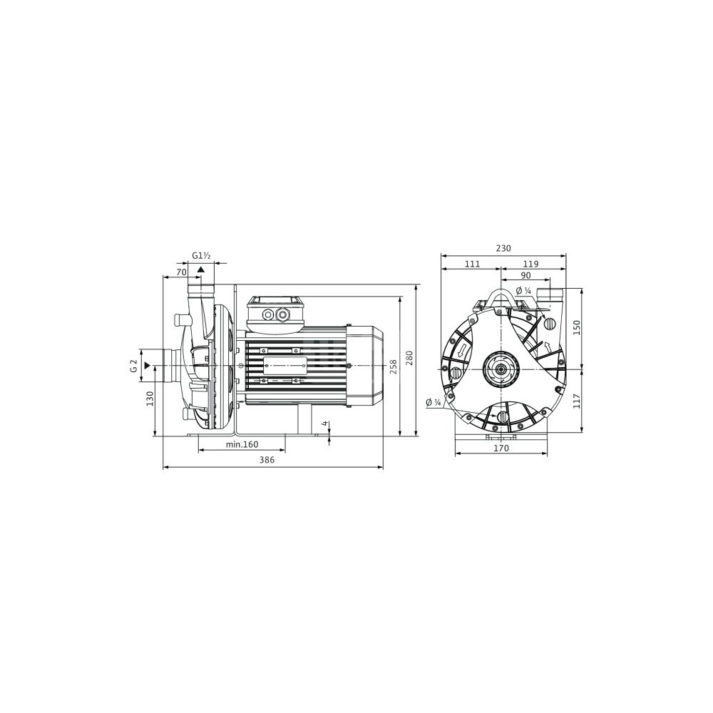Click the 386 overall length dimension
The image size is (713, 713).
tap(267, 460)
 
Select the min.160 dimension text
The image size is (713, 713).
tap(242, 444)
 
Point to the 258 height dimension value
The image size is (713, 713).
tap(394, 366)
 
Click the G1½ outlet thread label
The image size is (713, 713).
tap(201, 256)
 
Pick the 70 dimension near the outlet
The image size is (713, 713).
tap(181, 272)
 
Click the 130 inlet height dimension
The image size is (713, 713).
tap(150, 399)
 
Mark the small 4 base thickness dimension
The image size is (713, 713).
tap(324, 424)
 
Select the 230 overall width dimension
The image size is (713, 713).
tap(503, 248)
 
